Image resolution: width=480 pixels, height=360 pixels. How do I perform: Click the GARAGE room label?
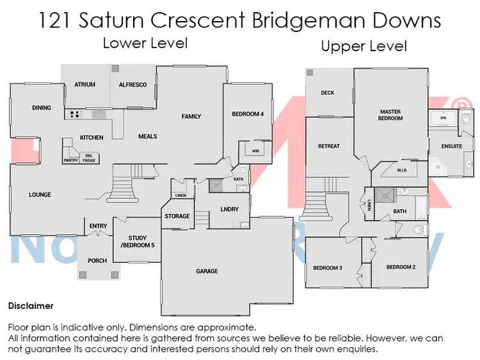click(207, 271)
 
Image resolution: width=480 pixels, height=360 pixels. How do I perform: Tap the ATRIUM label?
click(84, 84)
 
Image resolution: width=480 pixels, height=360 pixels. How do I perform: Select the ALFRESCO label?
click(132, 84)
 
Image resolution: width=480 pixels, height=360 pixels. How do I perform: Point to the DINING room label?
click(42, 108)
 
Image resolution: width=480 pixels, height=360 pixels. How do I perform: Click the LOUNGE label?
click(40, 195)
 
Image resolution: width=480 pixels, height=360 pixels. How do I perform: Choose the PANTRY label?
click(70, 160)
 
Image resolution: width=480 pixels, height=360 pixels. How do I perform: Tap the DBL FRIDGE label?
click(89, 158)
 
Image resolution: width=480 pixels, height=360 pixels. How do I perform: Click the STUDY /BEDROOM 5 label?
click(137, 242)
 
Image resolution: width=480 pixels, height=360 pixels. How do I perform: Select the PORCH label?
click(98, 260)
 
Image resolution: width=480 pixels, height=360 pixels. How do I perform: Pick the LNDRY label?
click(229, 209)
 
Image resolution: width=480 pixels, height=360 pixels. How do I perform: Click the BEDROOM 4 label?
click(247, 114)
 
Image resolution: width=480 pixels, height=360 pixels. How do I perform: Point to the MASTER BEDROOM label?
click(390, 115)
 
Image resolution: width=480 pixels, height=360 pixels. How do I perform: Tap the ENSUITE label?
click(451, 146)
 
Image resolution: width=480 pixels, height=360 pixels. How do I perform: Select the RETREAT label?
click(329, 146)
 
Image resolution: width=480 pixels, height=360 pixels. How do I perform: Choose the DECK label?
click(328, 93)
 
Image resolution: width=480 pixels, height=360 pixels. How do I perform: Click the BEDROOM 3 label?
click(327, 267)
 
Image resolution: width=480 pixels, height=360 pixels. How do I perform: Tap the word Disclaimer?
click(31, 306)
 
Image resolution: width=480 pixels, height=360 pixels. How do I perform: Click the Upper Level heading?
click(364, 46)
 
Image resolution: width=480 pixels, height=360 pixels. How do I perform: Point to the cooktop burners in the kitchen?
click(74, 115)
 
